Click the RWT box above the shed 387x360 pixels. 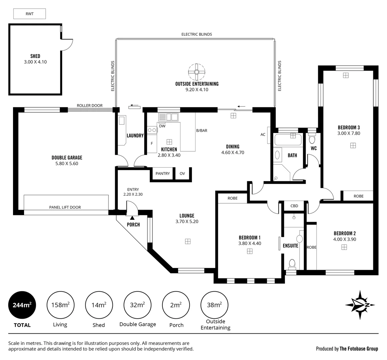29,14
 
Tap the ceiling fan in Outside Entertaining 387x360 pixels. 197,72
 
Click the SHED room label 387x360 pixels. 35,56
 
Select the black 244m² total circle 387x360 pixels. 22,305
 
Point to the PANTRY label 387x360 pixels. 162,173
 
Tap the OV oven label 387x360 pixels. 182,173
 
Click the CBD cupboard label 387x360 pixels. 294,206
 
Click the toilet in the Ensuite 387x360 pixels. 292,263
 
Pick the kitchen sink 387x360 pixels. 168,117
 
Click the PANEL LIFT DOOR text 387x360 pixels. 65,207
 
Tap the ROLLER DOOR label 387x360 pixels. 89,106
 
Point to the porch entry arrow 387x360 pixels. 132,218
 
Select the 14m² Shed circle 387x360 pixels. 99,305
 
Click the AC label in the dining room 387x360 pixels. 263,135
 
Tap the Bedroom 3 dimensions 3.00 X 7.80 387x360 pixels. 349,133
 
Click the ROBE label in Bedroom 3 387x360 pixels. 358,196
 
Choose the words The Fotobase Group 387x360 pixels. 359,349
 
